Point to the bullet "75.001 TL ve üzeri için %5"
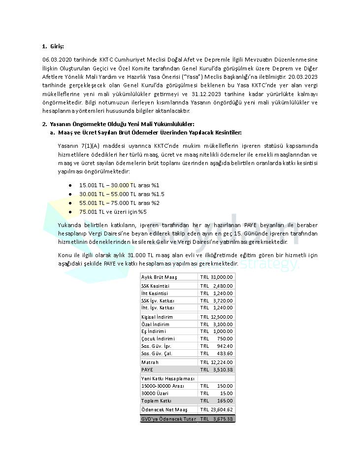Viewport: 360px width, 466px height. point(113,212)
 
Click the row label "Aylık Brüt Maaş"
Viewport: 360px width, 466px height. point(159,277)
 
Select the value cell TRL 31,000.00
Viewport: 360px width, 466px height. point(216,277)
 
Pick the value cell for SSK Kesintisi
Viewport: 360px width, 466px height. point(216,286)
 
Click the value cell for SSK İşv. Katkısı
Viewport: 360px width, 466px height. point(216,300)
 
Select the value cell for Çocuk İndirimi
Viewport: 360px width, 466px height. point(216,339)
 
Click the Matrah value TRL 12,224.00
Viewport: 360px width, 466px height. point(216,363)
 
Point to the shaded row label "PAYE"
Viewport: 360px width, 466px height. point(147,369)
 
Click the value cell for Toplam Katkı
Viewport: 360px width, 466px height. point(216,401)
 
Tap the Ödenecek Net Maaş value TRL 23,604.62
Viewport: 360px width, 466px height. point(216,410)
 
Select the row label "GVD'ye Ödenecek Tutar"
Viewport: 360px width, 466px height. point(168,419)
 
